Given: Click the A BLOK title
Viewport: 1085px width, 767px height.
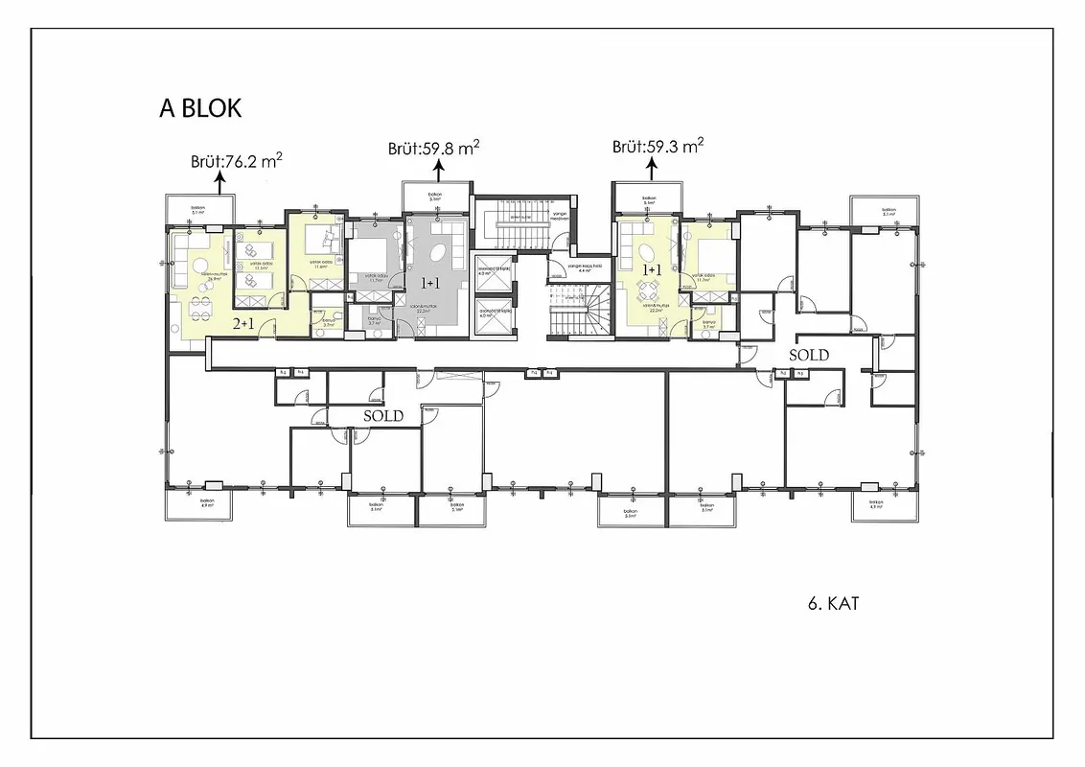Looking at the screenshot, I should click(x=200, y=108).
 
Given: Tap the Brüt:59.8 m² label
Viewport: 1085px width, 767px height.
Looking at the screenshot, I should click(x=433, y=148).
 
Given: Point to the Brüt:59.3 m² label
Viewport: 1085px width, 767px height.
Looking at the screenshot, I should click(x=658, y=147).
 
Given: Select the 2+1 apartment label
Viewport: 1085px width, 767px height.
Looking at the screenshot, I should click(x=244, y=324).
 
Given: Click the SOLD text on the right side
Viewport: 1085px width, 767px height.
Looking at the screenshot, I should click(x=808, y=355).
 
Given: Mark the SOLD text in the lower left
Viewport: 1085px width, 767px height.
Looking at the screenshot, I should click(x=382, y=416).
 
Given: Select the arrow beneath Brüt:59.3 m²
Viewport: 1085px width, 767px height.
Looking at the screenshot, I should click(x=652, y=170).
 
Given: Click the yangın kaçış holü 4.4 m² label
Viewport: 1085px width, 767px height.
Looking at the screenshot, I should click(x=584, y=268).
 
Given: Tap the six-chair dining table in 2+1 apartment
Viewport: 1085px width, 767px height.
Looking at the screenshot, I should click(x=199, y=307).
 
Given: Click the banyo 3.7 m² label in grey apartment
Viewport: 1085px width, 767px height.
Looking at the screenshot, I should click(x=374, y=323).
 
